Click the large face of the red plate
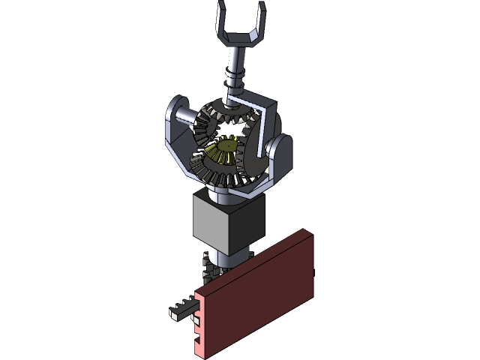tap(255, 300)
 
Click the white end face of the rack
tap(175, 316)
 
